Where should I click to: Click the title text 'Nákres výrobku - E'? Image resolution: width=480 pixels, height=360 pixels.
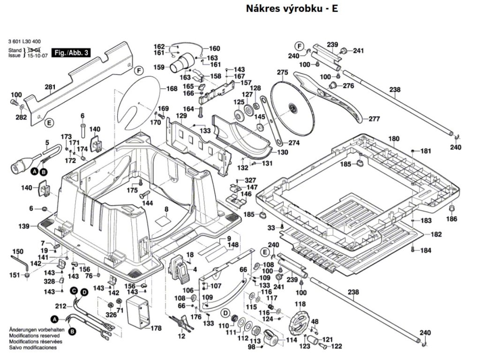tap(292, 9)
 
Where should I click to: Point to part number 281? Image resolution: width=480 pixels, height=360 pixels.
tap(50, 87)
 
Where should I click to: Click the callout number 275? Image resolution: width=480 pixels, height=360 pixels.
tap(282, 72)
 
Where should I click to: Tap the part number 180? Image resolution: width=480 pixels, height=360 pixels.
tap(394, 139)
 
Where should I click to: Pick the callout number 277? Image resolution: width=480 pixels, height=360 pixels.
tap(374, 119)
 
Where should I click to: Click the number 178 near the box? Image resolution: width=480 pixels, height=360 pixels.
tap(156, 328)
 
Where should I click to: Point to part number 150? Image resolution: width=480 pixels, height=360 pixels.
tap(17, 251)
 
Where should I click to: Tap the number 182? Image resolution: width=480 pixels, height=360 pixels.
tap(436, 234)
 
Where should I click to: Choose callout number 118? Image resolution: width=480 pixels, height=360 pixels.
tap(300, 304)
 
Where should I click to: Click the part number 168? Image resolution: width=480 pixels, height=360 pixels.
tap(172, 89)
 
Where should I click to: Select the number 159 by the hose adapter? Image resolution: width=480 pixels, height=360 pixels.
tap(159, 67)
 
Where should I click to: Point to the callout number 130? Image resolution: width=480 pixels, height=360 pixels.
tap(283, 152)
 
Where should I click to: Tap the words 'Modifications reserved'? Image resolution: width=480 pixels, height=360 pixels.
tap(34, 336)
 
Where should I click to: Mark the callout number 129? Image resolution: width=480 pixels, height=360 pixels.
tap(181, 115)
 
